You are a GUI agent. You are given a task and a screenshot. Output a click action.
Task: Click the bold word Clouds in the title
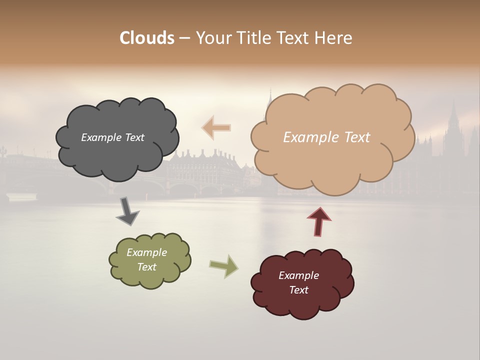click(x=147, y=38)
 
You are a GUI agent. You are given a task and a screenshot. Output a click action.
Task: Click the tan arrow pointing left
click(x=216, y=127)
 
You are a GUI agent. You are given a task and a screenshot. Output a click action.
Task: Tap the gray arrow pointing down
click(x=127, y=211)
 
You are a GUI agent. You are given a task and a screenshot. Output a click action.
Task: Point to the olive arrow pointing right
click(x=224, y=265)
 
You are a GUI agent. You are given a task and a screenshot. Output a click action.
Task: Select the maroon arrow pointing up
click(x=319, y=221)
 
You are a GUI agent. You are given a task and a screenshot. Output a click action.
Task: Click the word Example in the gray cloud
click(x=100, y=137)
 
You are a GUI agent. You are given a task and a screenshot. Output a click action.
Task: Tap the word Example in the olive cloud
click(x=146, y=252)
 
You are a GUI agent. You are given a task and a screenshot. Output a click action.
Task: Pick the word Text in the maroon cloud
click(x=298, y=290)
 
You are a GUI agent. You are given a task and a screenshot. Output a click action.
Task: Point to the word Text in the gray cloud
click(x=133, y=137)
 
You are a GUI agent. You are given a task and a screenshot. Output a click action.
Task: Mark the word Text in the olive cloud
click(x=146, y=267)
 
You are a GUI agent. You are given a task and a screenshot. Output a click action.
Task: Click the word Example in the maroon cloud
click(x=298, y=275)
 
